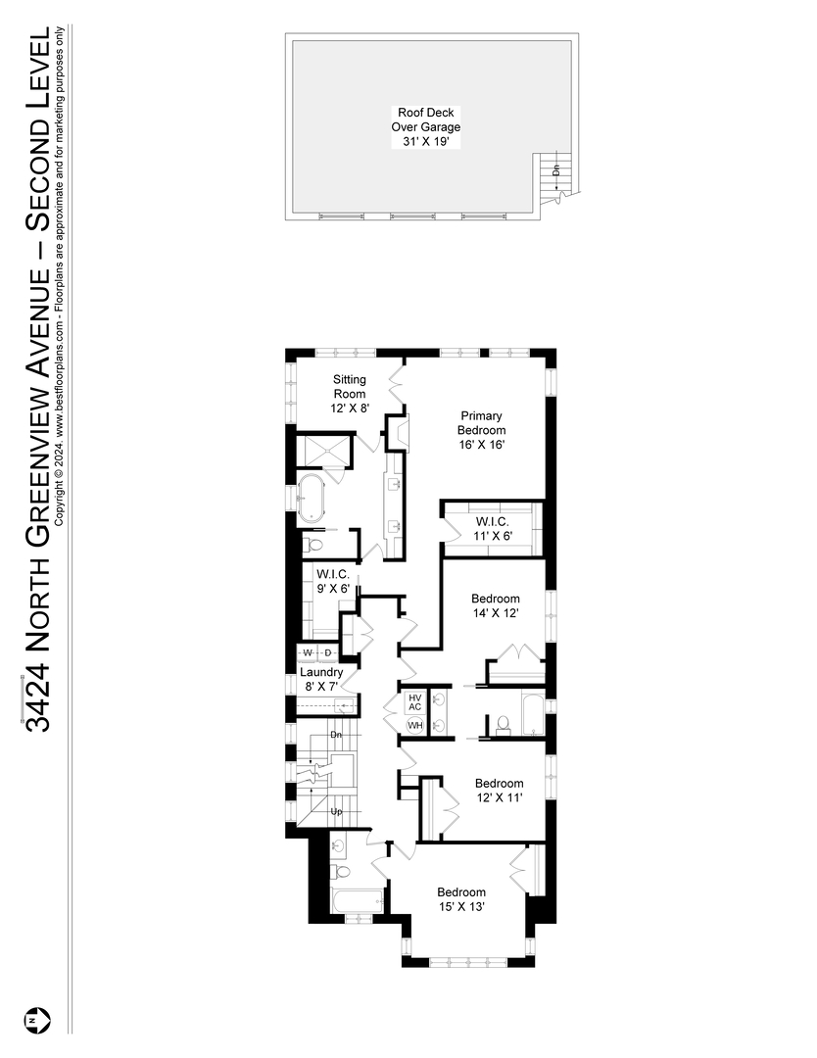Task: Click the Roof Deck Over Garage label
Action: [x=428, y=127]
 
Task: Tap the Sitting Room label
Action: [x=350, y=394]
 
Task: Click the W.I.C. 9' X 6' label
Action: [x=333, y=581]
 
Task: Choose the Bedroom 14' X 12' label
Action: [x=495, y=605]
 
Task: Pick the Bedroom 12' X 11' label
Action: [x=499, y=790]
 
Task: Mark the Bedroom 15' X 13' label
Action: [x=461, y=899]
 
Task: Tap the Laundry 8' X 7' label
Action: [x=321, y=680]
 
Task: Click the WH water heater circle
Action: [x=414, y=725]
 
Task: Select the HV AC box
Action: [x=414, y=701]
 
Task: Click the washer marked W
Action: [x=308, y=652]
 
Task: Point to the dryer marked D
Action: [x=329, y=652]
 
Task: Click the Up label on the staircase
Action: [x=336, y=812]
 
